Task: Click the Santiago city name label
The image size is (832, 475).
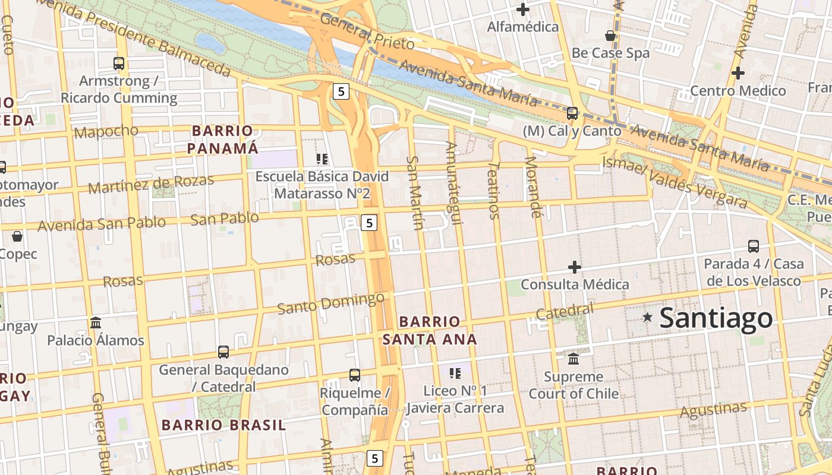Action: point(716,318)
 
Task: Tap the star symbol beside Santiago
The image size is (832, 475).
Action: point(648,318)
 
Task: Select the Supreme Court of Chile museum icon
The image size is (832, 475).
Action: point(573,359)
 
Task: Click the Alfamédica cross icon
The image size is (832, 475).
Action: point(523,9)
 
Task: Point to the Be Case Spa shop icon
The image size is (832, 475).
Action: point(610,36)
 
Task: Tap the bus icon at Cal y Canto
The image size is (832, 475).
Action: point(572,113)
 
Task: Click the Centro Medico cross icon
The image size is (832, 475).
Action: point(738,73)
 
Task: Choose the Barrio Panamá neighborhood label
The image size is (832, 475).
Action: point(223,140)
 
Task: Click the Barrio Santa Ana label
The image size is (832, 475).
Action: point(430,330)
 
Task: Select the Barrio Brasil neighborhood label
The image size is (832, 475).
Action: point(223,425)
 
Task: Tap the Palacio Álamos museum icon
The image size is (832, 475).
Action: point(96,322)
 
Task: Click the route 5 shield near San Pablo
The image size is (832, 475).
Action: point(369,223)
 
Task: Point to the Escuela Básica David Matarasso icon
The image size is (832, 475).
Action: point(322,159)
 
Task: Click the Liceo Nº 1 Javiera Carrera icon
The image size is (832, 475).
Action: point(455,373)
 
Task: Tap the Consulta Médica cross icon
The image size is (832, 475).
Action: point(575,267)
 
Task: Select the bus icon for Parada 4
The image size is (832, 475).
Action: point(754,246)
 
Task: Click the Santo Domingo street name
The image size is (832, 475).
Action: point(331,303)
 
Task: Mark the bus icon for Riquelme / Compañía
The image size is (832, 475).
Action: point(355,375)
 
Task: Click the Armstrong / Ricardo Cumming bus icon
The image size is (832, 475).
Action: point(119,63)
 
